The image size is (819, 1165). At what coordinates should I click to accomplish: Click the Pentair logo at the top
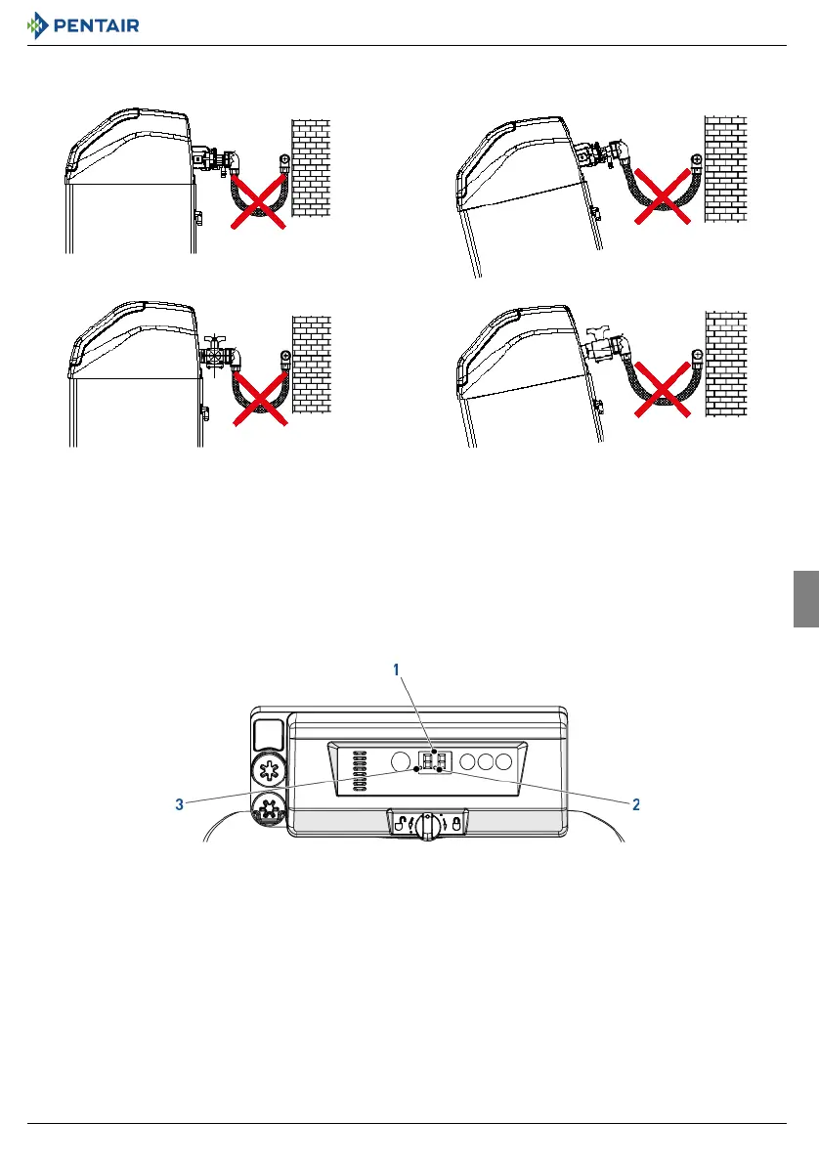84,23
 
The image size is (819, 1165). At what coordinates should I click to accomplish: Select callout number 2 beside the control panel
635,805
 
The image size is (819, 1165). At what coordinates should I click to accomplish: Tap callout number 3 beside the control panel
180,805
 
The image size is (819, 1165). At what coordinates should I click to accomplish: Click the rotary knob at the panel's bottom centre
427,826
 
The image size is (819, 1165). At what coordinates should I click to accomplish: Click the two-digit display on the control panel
433,761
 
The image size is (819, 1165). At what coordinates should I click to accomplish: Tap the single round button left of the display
400,761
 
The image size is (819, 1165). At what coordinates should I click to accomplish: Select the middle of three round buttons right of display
484,761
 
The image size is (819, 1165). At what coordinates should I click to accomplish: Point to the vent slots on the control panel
358,771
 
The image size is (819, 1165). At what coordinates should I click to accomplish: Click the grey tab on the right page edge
804,599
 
